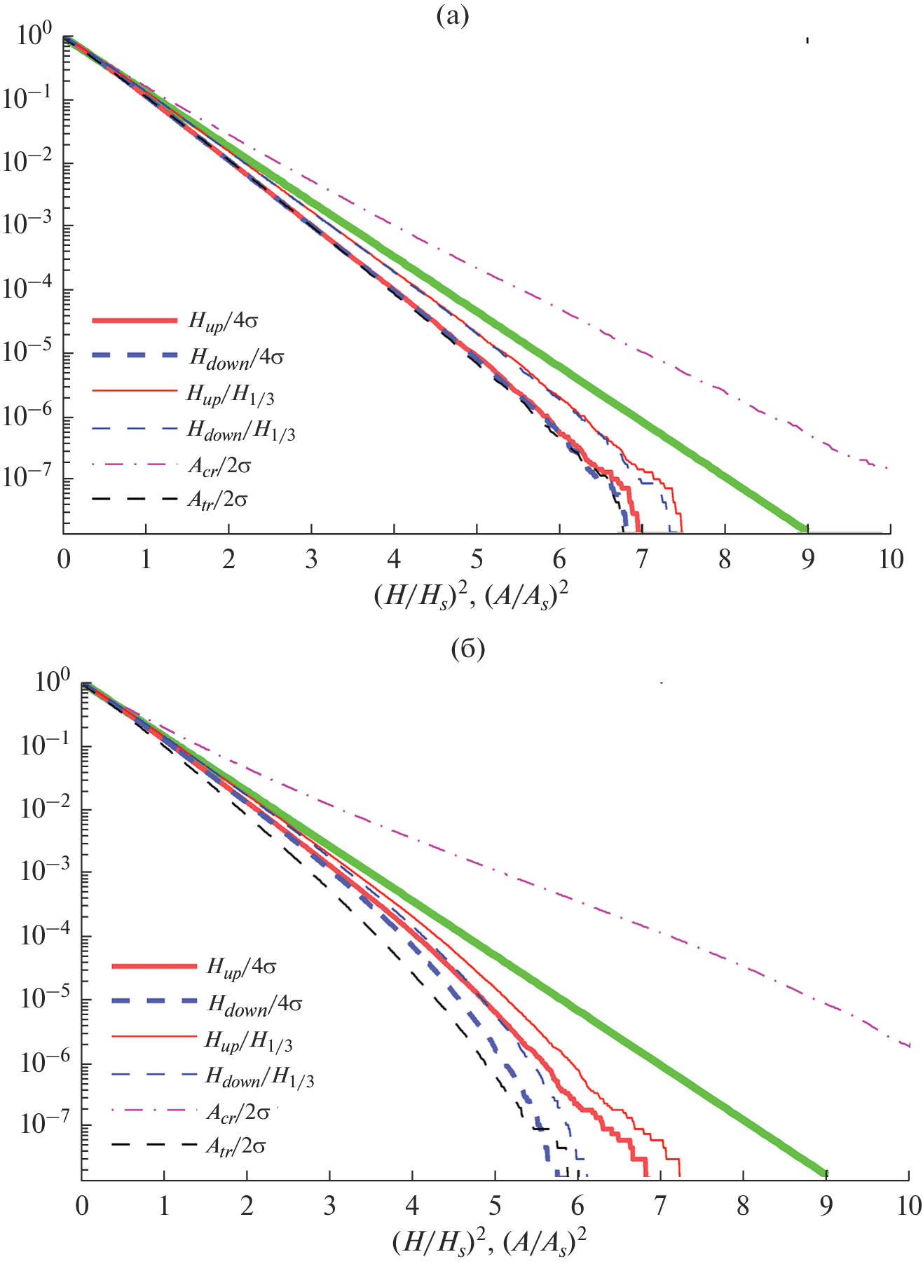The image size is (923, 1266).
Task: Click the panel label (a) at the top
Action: tap(452, 15)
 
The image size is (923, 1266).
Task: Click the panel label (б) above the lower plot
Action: tap(468, 649)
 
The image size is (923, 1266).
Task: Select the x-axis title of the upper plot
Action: tap(471, 597)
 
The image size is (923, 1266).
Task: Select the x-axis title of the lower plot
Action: tap(489, 1243)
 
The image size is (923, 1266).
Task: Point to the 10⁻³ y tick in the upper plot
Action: tap(27, 225)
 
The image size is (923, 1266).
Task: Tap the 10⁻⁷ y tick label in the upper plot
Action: tap(27, 478)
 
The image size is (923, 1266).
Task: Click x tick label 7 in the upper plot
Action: tap(641, 560)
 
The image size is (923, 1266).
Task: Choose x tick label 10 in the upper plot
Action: tap(891, 560)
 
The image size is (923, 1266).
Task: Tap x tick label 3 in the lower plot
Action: tap(329, 1206)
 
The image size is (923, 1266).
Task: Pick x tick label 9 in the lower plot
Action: tap(826, 1206)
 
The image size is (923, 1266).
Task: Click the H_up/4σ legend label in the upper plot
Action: tap(224, 322)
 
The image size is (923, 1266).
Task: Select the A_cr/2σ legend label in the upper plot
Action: tap(219, 466)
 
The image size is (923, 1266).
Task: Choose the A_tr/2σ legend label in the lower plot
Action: tap(236, 1147)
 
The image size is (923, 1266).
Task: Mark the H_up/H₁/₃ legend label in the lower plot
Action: tap(248, 1041)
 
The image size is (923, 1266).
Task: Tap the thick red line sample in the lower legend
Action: tap(154, 966)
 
